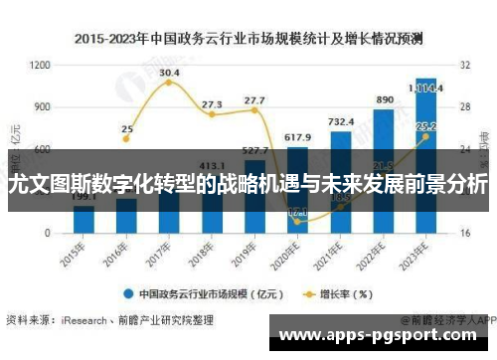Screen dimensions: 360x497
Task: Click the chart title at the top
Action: (248, 39)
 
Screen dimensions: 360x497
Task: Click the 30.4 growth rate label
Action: (169, 73)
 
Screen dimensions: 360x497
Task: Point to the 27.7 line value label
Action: (254, 100)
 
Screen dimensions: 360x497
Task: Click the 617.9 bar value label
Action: (297, 136)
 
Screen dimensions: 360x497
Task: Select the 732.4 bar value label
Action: (341, 121)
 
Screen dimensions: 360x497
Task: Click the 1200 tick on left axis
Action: (40, 66)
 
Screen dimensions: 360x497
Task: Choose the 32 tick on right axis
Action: (464, 66)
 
